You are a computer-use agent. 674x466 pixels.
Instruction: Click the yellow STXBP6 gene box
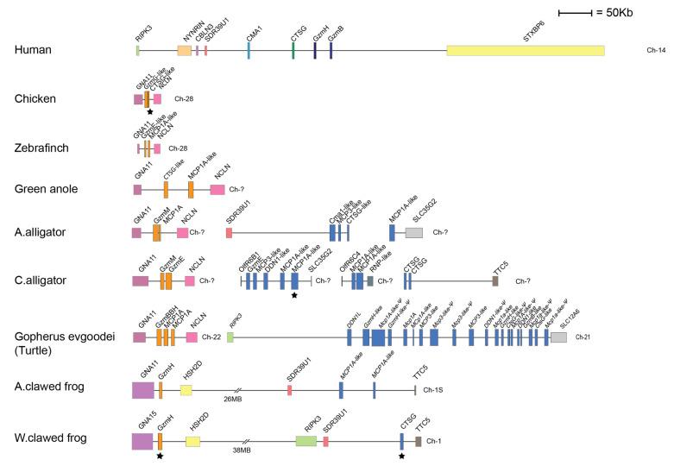tap(525, 51)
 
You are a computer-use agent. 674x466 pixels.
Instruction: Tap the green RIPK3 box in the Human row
tap(138, 51)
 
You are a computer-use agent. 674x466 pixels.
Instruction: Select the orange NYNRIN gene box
tap(184, 51)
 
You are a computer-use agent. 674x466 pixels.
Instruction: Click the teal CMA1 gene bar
tap(249, 51)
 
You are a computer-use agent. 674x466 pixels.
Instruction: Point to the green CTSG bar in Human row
tap(293, 51)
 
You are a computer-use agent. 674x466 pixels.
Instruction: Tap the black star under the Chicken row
tap(150, 112)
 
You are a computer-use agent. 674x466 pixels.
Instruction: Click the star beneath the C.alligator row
tap(295, 295)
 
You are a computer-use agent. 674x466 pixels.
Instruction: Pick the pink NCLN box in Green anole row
tap(217, 189)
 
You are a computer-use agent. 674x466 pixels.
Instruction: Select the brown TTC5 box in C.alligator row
tap(495, 280)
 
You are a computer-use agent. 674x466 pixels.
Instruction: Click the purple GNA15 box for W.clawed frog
tap(142, 441)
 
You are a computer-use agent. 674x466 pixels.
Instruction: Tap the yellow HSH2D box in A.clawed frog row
tap(186, 391)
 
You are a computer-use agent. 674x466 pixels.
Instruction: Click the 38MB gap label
tap(243, 450)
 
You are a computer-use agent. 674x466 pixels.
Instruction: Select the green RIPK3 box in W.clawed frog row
tap(306, 441)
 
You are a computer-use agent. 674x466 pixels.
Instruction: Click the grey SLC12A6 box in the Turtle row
tap(558, 337)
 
